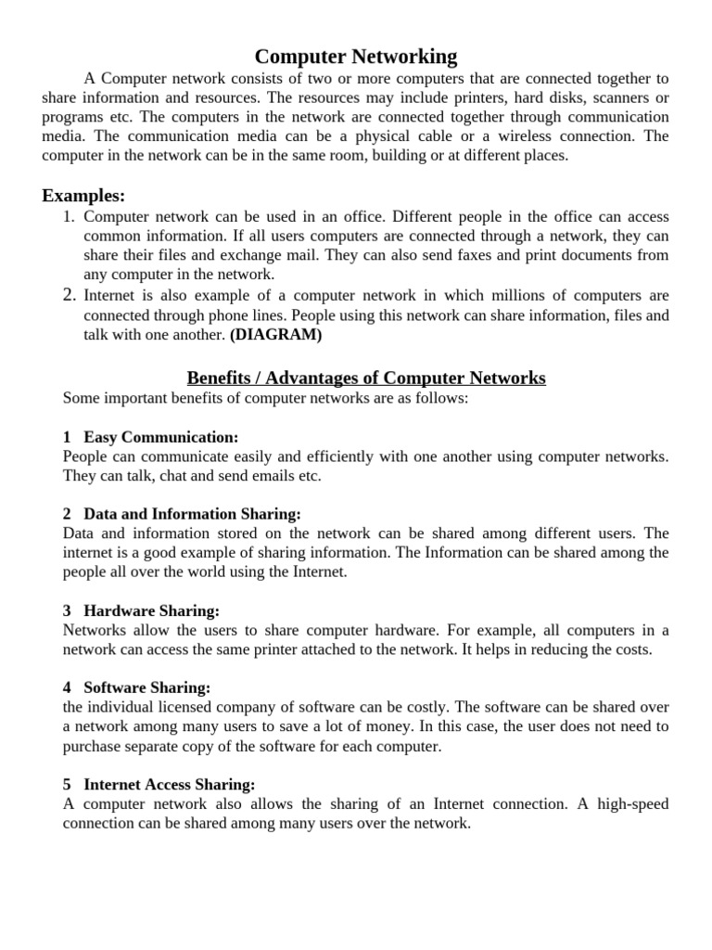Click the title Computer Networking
(356, 57)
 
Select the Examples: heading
(83, 196)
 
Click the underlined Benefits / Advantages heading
(366, 378)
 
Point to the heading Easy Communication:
(160, 436)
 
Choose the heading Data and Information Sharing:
(192, 513)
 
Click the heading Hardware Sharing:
(151, 610)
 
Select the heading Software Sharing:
(147, 687)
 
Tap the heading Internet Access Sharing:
(169, 784)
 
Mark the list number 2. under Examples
(69, 295)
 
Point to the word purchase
(93, 746)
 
